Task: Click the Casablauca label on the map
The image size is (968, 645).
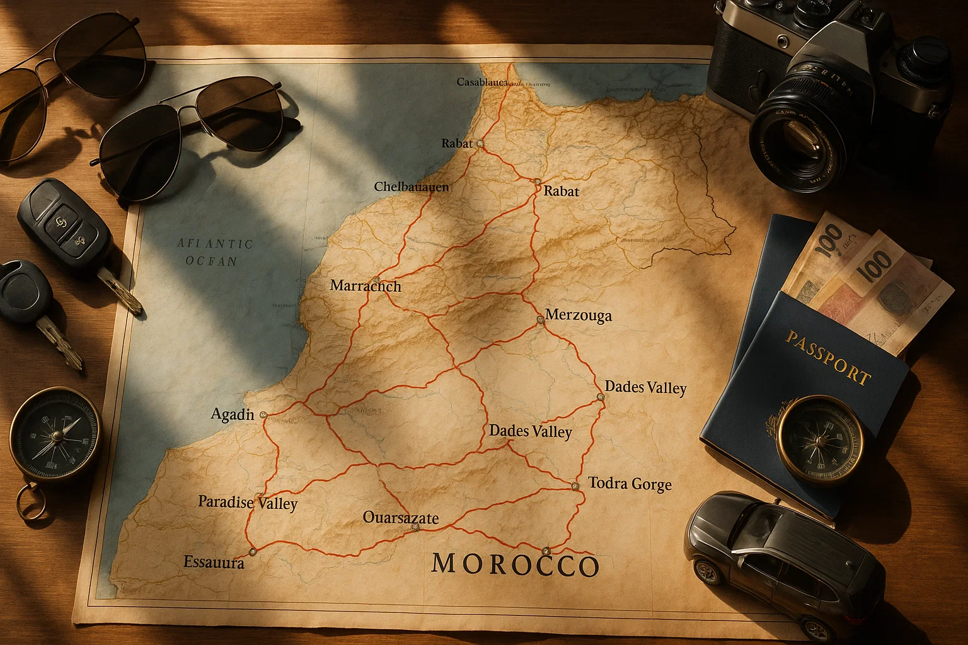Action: [481, 82]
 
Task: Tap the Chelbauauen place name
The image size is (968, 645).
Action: [411, 186]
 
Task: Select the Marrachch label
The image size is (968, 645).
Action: [366, 286]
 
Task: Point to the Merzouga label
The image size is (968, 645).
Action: [578, 315]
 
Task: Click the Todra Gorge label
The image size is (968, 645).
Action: [630, 484]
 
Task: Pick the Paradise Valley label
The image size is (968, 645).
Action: [248, 503]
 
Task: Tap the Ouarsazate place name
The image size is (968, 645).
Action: [401, 518]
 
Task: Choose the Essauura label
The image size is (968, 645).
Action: [214, 562]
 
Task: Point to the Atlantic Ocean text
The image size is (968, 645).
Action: [214, 252]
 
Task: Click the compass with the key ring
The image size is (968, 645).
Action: [55, 435]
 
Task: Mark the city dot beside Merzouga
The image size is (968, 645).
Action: [540, 320]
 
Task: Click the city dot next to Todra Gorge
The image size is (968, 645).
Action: [575, 486]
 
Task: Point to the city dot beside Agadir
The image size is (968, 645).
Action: [263, 414]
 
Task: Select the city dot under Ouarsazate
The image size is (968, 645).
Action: [415, 527]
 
